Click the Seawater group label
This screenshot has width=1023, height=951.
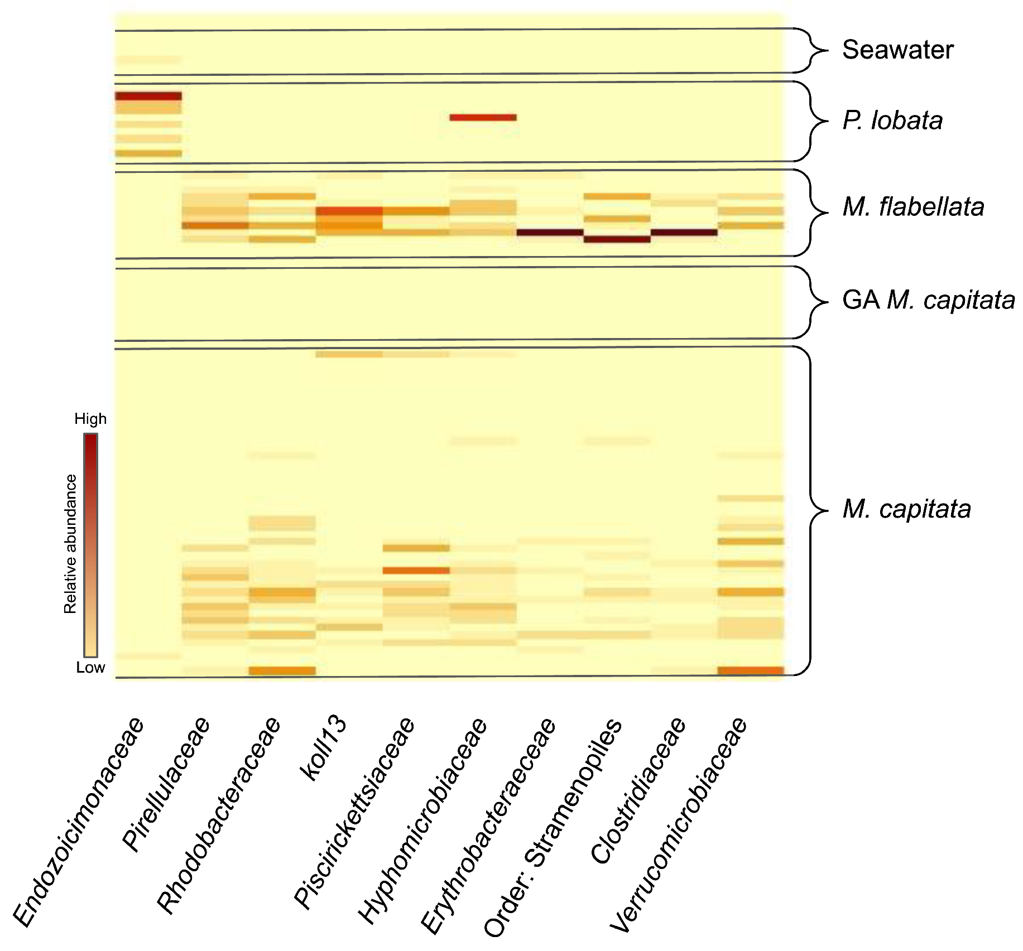coord(897,50)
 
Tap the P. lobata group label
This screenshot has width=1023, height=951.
coord(892,120)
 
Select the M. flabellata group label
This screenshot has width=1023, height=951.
coord(913,207)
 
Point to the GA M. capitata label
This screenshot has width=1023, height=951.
coord(928,300)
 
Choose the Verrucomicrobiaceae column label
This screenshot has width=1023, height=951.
coord(679,826)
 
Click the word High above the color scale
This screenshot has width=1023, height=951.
coord(90,419)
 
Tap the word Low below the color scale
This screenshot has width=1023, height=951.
coord(90,668)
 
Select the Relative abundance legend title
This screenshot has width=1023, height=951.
coord(70,544)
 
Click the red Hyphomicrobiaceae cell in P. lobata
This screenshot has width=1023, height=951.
coord(483,118)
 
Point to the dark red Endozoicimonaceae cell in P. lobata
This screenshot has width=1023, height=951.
coord(148,96)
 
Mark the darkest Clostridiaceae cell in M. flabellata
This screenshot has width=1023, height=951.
coord(684,233)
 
